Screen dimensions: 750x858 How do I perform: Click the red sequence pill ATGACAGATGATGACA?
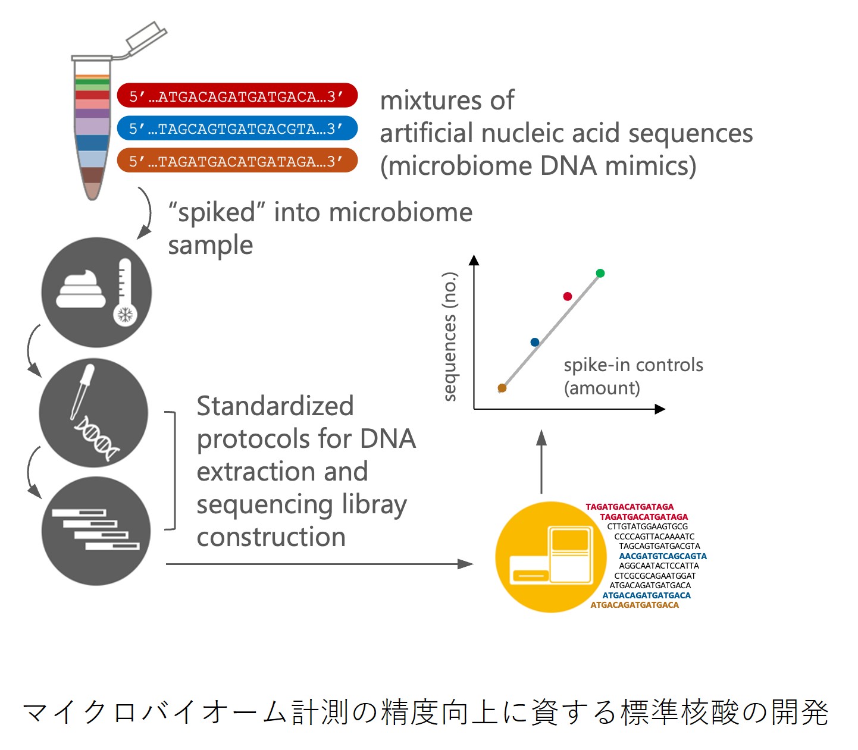point(237,96)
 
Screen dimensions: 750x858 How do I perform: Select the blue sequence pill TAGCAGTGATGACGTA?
point(237,128)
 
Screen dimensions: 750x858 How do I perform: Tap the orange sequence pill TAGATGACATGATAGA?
point(237,161)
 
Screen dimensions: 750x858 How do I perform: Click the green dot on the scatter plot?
point(600,274)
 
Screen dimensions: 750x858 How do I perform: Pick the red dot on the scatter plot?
point(567,296)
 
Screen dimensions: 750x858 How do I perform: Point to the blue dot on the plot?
point(534,342)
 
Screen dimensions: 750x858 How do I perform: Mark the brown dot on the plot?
point(502,388)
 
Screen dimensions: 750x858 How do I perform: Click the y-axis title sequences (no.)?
point(450,337)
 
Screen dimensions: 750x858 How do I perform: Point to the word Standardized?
point(275,406)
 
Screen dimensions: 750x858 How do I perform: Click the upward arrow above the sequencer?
point(541,461)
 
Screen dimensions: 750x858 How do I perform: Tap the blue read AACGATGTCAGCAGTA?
point(662,556)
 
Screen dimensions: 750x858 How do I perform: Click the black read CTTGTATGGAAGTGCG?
point(647,526)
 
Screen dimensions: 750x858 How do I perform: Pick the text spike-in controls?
point(633,365)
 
